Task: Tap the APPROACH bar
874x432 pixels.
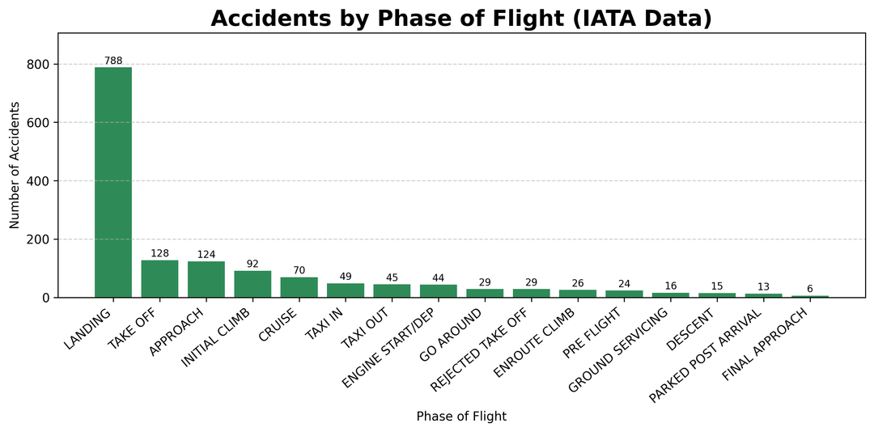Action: tap(206, 280)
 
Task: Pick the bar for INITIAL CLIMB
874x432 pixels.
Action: tap(252, 284)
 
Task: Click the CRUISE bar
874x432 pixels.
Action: tap(299, 287)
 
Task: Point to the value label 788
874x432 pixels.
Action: tap(113, 61)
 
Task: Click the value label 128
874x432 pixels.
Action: tap(159, 254)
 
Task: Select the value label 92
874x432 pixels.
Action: tap(252, 265)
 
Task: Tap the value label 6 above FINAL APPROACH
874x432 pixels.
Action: tap(810, 290)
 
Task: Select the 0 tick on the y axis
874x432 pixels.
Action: tap(45, 298)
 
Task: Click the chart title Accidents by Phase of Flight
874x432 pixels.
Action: tap(461, 19)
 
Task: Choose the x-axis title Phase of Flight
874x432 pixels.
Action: tap(461, 417)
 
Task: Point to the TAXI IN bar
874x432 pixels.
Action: tap(346, 290)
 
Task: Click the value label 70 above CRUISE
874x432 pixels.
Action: tap(299, 271)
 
